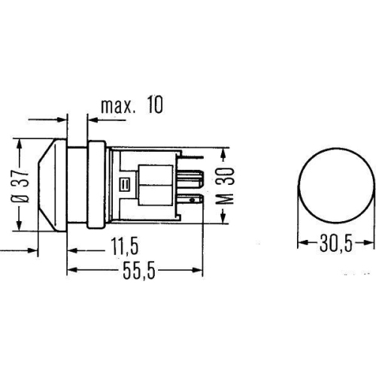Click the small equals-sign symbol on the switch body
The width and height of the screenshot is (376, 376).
pyautogui.click(x=125, y=183)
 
